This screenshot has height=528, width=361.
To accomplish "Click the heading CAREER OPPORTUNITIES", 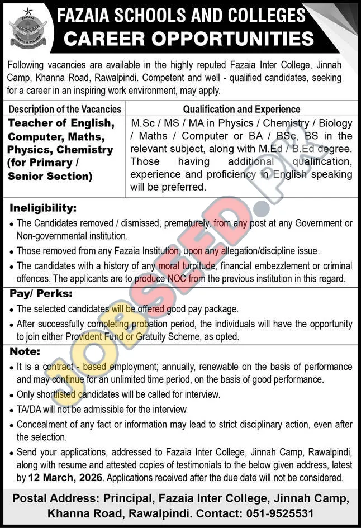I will click(x=189, y=39).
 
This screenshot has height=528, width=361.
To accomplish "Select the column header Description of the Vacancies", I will click(x=65, y=110).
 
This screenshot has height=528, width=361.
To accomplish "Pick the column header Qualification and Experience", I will click(x=241, y=110).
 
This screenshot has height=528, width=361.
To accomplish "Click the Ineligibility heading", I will click(x=43, y=208).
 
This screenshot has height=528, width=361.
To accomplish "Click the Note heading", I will click(x=25, y=352).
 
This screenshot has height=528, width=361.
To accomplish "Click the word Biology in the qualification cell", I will click(x=335, y=123).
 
